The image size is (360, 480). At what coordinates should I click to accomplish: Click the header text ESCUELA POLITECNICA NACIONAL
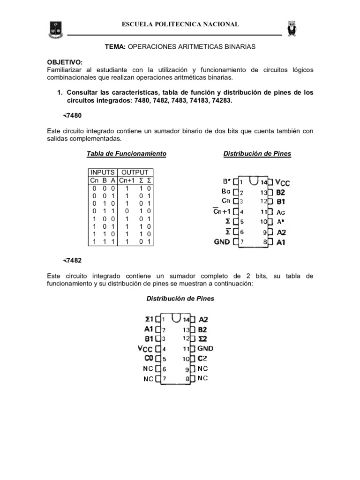point(180,24)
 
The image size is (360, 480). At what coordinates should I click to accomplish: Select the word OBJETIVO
point(64,62)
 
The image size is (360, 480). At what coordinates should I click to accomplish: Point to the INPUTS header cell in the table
point(102,172)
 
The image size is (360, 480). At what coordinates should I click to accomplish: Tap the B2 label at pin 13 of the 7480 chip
point(281,192)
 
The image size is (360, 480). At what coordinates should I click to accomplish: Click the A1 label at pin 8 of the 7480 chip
point(281,242)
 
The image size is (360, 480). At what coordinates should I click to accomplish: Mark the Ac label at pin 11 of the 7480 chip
point(281,212)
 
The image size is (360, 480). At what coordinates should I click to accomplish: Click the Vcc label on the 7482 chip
point(144,349)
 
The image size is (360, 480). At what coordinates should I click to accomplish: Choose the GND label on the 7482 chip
point(205,349)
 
